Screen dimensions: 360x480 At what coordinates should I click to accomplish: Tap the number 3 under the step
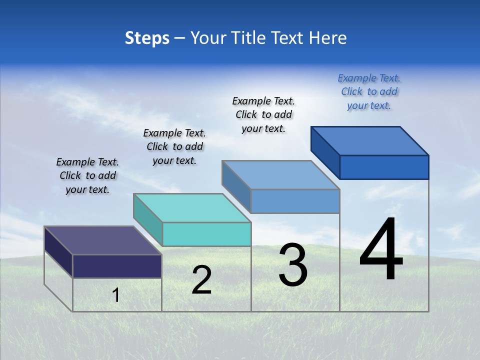point(293,265)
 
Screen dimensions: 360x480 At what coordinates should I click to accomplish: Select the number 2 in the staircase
point(201,280)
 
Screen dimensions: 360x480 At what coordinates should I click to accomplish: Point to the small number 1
point(115,295)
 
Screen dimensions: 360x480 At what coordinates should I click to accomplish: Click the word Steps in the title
point(147,38)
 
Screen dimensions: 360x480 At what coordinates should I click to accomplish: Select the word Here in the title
point(327,38)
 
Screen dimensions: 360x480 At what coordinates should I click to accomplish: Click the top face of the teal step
point(192,208)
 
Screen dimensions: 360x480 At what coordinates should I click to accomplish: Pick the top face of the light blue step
point(280,175)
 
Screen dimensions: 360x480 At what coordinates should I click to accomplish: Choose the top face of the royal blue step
point(370,141)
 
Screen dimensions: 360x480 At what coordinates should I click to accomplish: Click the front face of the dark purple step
point(117,266)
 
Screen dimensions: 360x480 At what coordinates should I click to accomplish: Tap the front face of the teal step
point(206,234)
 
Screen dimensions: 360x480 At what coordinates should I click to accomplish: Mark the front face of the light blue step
point(295,201)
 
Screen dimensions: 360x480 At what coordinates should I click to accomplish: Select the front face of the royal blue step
point(384,167)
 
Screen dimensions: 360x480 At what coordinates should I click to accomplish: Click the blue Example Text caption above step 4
point(369,92)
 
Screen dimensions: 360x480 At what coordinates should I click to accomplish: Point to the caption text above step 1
point(87,176)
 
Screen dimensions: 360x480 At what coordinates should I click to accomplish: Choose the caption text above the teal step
point(174,147)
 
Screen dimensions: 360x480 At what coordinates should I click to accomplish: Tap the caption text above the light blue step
point(263,114)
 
